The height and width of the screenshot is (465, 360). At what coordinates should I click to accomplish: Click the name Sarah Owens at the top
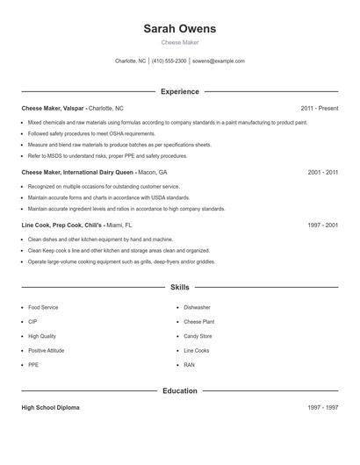pyautogui.click(x=179, y=29)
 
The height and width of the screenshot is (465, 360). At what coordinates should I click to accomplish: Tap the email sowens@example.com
pyautogui.click(x=219, y=61)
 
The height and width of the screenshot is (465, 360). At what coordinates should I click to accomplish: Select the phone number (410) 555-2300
pyautogui.click(x=169, y=61)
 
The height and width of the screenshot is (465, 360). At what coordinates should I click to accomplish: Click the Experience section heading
pyautogui.click(x=179, y=91)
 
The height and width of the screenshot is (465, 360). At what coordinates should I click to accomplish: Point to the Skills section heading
pyautogui.click(x=179, y=287)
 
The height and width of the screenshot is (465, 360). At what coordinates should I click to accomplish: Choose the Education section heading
pyautogui.click(x=179, y=390)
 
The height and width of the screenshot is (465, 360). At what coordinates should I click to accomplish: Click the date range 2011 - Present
pyautogui.click(x=319, y=108)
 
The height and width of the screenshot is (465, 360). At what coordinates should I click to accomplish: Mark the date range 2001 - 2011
pyautogui.click(x=322, y=173)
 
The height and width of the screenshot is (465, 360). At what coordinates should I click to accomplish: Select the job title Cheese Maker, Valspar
pyautogui.click(x=54, y=108)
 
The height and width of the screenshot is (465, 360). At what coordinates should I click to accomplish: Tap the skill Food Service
pyautogui.click(x=43, y=308)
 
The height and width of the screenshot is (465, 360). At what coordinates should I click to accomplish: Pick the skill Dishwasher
pyautogui.click(x=197, y=308)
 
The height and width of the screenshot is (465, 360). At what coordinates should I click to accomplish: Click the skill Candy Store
pyautogui.click(x=198, y=336)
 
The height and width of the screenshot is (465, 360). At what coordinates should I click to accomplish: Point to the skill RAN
pyautogui.click(x=189, y=364)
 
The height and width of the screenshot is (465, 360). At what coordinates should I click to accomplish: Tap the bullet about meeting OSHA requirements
pyautogui.click(x=78, y=133)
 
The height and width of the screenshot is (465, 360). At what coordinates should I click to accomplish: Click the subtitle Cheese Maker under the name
pyautogui.click(x=179, y=42)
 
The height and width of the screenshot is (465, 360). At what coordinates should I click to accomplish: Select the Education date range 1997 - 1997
pyautogui.click(x=322, y=408)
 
